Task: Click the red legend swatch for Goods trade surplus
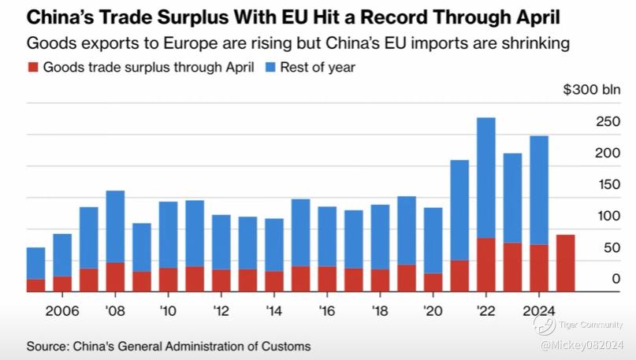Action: coord(32,68)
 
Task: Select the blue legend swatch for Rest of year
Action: coord(270,68)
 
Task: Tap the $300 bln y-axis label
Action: coord(591,89)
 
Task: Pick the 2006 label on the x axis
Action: coord(62,310)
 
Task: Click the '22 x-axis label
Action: coord(486,310)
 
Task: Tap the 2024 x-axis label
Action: coord(539,310)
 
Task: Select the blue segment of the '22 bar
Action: coord(486,177)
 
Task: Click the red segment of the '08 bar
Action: coord(115,276)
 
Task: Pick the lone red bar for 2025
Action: coord(566,263)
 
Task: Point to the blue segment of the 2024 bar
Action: coord(539,190)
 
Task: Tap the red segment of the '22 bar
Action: coord(486,265)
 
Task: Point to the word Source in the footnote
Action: coord(46,346)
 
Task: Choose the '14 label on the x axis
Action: coord(274,310)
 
